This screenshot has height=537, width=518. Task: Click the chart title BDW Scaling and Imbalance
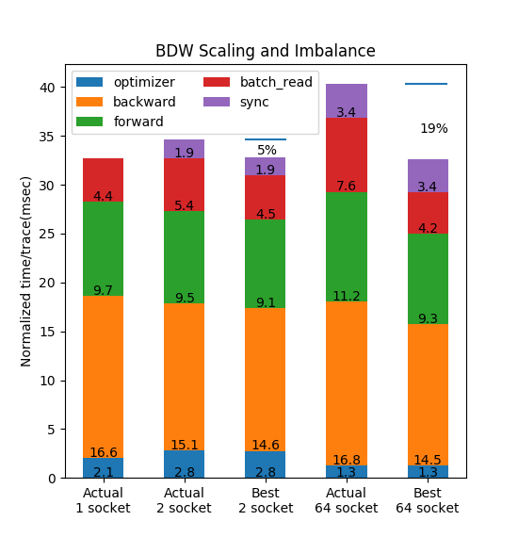[266, 51]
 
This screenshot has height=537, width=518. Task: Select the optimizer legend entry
[125, 82]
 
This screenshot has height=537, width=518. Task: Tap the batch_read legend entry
[258, 82]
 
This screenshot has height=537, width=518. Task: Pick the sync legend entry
[235, 102]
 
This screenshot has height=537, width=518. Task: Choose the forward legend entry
[120, 122]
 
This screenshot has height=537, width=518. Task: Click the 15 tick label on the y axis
[47, 332]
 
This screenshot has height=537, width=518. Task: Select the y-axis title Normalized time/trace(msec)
[26, 271]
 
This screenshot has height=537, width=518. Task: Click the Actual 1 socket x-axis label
[103, 500]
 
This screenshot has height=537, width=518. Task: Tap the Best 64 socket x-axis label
[428, 500]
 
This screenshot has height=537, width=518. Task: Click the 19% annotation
[434, 129]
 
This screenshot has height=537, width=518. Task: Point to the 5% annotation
[267, 150]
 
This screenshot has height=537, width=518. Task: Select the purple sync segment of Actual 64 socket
[347, 101]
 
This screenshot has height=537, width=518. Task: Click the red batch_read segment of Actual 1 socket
[103, 180]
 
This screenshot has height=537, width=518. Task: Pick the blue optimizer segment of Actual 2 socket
[185, 464]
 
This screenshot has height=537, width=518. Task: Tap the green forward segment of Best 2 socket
[266, 264]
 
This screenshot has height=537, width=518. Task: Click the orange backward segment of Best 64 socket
[428, 395]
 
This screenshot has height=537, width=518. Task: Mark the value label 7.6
[347, 186]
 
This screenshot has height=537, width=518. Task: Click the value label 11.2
[347, 296]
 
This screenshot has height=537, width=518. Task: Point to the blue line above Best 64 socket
[427, 84]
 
